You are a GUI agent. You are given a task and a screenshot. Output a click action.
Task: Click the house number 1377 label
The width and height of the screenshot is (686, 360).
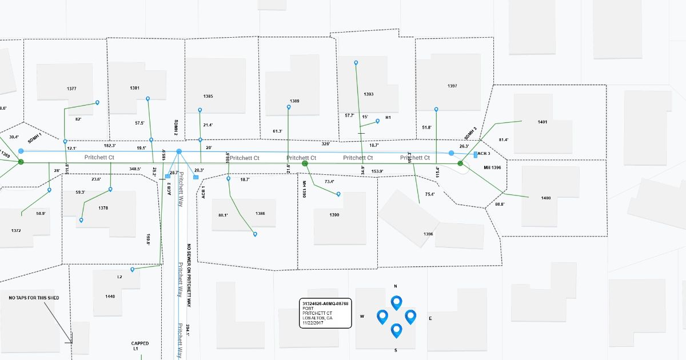[71, 89]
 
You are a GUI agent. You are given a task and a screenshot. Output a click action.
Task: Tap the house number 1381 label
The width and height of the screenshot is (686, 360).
[135, 88]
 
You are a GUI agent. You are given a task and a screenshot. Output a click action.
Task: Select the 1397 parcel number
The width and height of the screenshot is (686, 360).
[452, 86]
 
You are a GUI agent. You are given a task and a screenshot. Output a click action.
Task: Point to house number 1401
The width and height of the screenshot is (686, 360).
[543, 122]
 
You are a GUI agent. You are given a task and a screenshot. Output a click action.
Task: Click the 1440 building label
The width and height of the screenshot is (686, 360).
[110, 296]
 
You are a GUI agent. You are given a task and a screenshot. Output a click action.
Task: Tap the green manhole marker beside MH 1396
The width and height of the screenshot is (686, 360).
[460, 163]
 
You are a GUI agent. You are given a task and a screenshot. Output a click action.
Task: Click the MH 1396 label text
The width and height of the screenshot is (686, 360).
[492, 167]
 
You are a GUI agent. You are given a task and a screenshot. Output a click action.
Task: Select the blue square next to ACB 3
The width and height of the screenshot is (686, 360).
[476, 155]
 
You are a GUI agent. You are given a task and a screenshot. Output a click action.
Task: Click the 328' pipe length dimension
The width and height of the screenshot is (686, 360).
[326, 144]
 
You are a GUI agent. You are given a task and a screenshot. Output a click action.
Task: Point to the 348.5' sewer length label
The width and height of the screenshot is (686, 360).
[135, 169]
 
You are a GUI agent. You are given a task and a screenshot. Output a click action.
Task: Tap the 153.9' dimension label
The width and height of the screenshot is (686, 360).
[377, 171]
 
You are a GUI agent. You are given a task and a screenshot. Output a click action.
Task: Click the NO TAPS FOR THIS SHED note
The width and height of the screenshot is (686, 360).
[34, 298]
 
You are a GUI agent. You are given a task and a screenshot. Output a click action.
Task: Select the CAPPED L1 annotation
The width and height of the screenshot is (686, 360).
[139, 346]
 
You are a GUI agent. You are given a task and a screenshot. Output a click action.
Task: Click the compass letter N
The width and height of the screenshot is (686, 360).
[395, 286]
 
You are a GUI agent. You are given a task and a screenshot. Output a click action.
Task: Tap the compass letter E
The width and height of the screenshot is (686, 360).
[430, 318]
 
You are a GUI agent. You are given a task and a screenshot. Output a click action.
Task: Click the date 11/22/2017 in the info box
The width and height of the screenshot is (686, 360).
[314, 323]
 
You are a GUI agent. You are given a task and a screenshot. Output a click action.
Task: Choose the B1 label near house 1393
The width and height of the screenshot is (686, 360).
[388, 118]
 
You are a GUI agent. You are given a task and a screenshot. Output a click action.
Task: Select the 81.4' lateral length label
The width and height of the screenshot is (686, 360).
[504, 139]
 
